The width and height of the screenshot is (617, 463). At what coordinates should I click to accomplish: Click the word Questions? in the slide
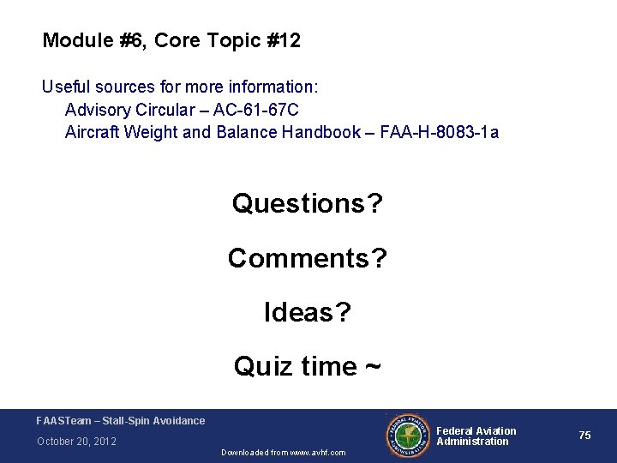click(x=308, y=204)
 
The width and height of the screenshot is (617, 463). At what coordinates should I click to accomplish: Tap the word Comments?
click(x=308, y=257)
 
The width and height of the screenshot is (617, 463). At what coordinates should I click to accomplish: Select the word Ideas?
click(x=308, y=312)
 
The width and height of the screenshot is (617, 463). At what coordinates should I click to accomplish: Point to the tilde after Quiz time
click(x=373, y=366)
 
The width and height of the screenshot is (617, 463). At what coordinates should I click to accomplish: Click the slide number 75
click(x=584, y=436)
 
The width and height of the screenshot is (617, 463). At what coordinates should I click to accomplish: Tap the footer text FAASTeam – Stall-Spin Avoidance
click(x=121, y=420)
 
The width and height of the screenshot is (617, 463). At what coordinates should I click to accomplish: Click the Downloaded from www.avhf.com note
click(x=283, y=452)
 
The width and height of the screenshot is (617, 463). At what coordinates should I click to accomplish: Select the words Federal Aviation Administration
click(x=476, y=436)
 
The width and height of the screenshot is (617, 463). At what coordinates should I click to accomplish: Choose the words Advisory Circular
click(x=123, y=110)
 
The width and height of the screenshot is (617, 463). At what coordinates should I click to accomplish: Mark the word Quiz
click(x=261, y=366)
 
